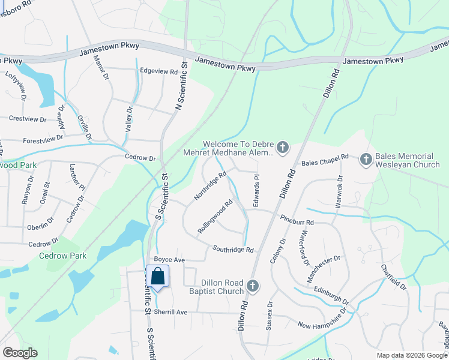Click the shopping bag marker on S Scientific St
pyautogui.click(x=157, y=277)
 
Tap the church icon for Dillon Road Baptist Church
pyautogui.click(x=252, y=287)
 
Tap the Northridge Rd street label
pyautogui.click(x=209, y=186)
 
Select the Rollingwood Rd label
pyautogui.click(x=215, y=217)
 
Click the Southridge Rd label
pyautogui.click(x=232, y=249)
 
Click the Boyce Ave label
pyautogui.click(x=169, y=260)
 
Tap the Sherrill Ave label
pyautogui.click(x=170, y=312)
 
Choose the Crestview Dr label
pyautogui.click(x=28, y=119)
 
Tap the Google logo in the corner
pyautogui.click(x=20, y=353)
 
